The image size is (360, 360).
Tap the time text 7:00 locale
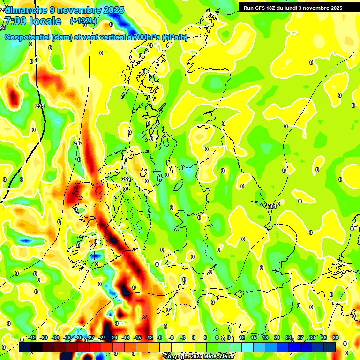pyautogui.click(x=33, y=21)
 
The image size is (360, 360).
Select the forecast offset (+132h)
pyautogui.click(x=83, y=21)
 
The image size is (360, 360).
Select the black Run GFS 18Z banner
pyautogui.click(x=292, y=7)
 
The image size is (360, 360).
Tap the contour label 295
pyautogui.click(x=40, y=106)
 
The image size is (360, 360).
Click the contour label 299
pyautogui.click(x=126, y=179)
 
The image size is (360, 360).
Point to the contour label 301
pyautogui.click(x=272, y=206)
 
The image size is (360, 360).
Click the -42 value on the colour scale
pyautogui.click(x=32, y=337)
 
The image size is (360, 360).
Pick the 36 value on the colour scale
pyautogui.click(x=336, y=337)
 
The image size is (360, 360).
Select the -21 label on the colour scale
pyautogui.click(x=114, y=337)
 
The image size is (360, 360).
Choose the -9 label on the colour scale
pyautogui.click(x=159, y=337)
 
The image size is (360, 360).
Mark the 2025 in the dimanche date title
pyautogui.click(x=113, y=9)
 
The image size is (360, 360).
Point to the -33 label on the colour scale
pyautogui.click(x=67, y=337)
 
